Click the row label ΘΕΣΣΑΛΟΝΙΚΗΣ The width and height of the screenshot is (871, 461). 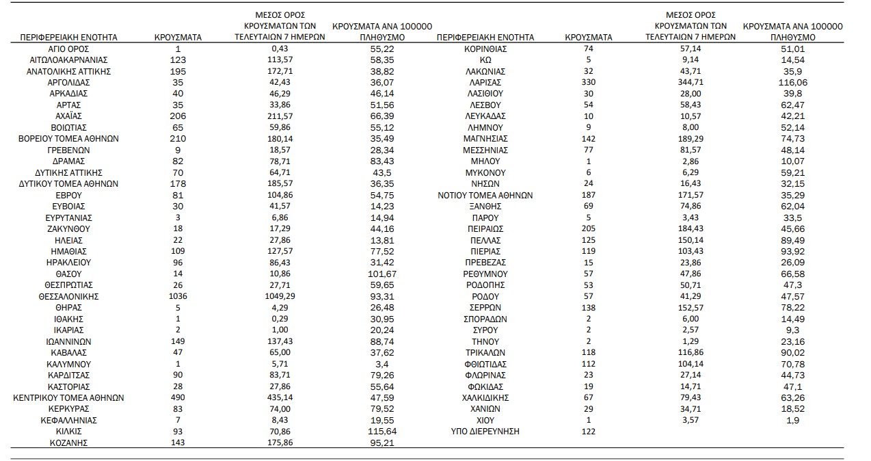(69, 296)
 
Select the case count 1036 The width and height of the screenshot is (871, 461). (178, 296)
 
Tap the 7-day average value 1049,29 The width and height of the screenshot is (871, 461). (287, 296)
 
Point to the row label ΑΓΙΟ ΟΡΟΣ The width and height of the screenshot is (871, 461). (69, 49)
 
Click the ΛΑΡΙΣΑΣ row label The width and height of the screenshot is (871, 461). (485, 83)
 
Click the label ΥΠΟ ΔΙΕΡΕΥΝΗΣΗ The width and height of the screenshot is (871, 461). (485, 431)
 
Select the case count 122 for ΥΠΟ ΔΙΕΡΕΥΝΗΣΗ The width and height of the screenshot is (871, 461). (589, 431)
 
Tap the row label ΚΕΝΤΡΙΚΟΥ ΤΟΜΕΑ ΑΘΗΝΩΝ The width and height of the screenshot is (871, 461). (69, 397)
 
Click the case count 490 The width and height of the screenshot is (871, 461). (178, 397)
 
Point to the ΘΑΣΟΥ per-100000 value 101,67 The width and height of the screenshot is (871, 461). (382, 274)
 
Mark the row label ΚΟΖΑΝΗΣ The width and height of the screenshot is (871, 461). (69, 443)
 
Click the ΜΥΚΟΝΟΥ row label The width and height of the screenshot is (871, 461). (485, 172)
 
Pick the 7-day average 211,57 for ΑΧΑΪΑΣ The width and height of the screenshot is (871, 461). (287, 116)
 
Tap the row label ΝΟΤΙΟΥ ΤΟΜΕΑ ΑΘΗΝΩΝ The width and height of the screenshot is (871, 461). (485, 195)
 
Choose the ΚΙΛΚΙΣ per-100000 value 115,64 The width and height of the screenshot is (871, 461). (382, 431)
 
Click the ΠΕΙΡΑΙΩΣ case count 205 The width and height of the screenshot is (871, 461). (589, 228)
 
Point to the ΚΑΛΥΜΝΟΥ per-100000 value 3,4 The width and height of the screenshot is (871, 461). (382, 364)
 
